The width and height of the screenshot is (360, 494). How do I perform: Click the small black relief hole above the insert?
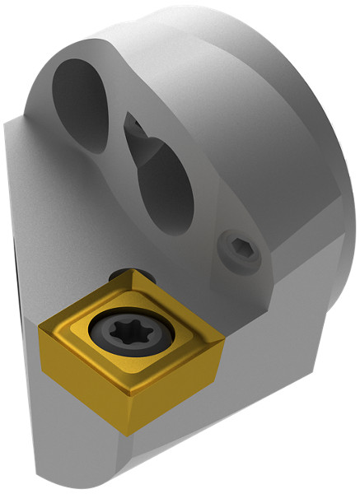pyautogui.click(x=124, y=273)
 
